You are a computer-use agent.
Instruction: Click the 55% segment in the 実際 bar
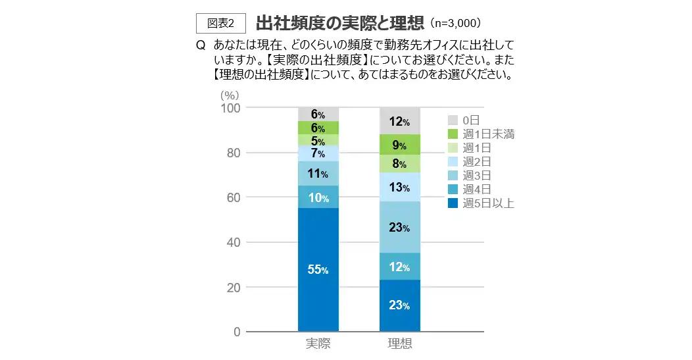318,269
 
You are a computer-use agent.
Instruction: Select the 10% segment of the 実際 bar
318,197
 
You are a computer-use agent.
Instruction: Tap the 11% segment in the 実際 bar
318,174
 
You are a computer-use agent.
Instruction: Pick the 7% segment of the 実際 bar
318,153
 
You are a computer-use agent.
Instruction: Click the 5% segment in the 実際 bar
318,140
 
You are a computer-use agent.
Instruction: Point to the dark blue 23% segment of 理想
400,305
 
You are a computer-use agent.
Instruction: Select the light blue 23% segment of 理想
400,228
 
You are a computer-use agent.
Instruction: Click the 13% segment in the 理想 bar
400,188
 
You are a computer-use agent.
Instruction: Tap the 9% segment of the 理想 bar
400,145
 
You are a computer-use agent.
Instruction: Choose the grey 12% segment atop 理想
400,121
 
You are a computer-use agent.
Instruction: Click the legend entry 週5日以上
482,203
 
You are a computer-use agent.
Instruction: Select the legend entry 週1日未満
482,134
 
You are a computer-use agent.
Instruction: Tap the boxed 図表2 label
221,23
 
